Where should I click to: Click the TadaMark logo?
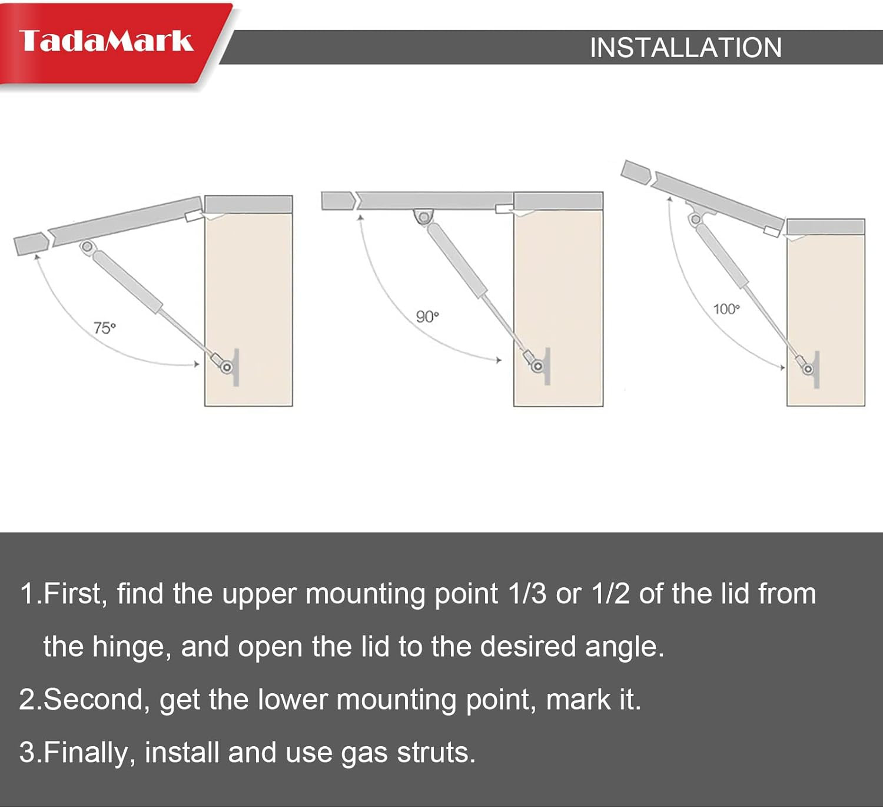pyautogui.click(x=106, y=41)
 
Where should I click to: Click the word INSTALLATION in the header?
pyautogui.click(x=686, y=48)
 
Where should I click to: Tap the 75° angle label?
pyautogui.click(x=104, y=328)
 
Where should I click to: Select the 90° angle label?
pyautogui.click(x=427, y=317)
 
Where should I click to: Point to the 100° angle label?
pyautogui.click(x=726, y=309)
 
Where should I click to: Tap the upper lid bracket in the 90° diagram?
pyautogui.click(x=423, y=217)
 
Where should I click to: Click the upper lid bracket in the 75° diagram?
pyautogui.click(x=87, y=247)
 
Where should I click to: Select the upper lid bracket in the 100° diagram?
pyautogui.click(x=697, y=213)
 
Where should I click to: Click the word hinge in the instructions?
pyautogui.click(x=128, y=647)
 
